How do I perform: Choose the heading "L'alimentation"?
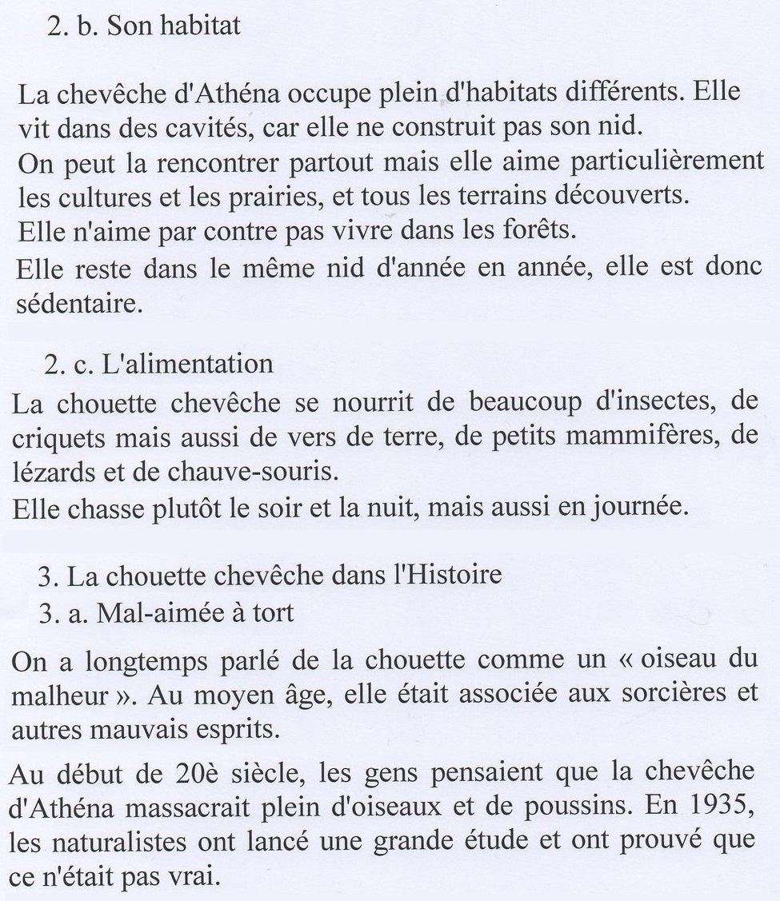click(187, 365)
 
